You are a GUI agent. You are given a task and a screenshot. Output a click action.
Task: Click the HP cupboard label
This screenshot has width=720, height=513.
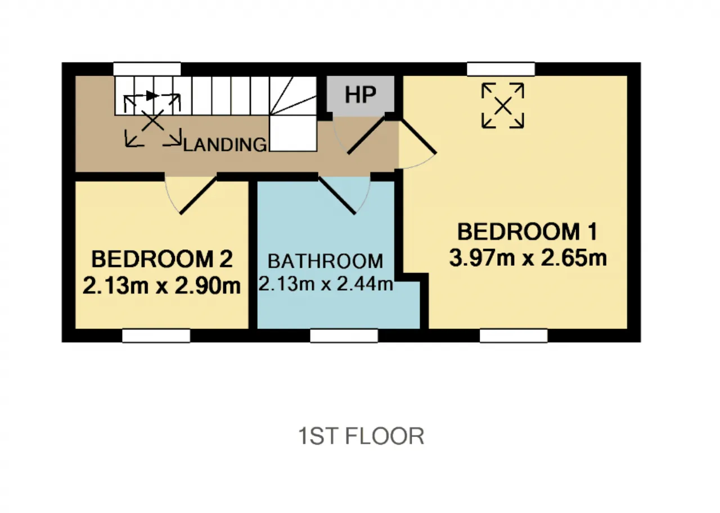point(361,95)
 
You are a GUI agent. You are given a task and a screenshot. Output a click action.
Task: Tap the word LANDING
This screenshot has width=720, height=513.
point(225,145)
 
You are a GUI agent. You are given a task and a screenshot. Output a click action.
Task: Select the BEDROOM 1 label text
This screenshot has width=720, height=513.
point(528,231)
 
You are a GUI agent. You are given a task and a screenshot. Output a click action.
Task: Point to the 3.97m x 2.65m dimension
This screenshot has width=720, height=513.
point(528,258)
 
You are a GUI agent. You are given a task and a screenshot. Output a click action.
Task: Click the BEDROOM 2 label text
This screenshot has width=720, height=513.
point(162,259)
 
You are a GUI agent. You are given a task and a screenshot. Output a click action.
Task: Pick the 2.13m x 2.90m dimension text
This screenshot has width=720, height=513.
point(161,286)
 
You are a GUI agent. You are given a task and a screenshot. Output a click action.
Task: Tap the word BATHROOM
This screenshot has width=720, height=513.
point(325,261)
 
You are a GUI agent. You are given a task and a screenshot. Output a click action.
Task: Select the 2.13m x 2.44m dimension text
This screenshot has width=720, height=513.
point(326,284)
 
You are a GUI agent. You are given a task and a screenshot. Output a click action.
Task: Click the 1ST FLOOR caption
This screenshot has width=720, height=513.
point(361,436)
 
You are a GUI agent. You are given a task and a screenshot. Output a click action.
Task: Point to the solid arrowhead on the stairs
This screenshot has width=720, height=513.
point(152,95)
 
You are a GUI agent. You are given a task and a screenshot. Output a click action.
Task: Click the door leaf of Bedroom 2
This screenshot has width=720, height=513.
point(199,195)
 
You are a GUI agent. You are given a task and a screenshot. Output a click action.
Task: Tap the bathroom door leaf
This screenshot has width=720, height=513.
point(337,195)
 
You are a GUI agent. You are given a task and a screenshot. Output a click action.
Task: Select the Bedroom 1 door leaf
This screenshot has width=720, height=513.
point(417,136)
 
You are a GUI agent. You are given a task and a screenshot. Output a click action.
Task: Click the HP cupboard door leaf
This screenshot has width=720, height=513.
point(366,135)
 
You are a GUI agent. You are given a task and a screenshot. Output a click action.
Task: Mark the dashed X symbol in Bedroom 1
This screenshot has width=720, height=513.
point(503,106)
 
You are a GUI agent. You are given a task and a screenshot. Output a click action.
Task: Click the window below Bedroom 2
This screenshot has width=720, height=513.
point(156,336)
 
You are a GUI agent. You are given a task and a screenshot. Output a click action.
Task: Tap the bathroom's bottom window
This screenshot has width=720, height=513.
point(344,336)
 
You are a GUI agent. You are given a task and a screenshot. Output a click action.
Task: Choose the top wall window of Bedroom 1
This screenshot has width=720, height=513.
point(501,69)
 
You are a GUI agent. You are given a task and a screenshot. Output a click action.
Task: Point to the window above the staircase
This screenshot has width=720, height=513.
point(147,69)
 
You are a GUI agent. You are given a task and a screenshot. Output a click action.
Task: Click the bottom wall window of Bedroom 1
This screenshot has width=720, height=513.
point(514,336)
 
